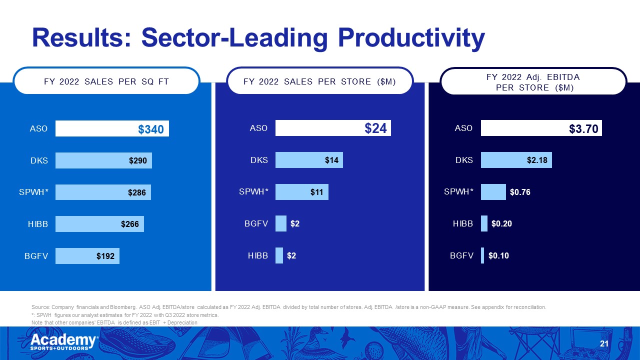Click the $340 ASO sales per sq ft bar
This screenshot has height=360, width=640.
click(112, 128)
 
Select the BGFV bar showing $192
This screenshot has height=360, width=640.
click(87, 256)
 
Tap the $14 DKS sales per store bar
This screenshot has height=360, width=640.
click(308, 160)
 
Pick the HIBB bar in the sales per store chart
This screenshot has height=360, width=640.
click(279, 255)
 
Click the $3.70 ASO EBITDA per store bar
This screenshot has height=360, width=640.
click(541, 128)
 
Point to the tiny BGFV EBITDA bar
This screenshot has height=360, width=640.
click(482, 255)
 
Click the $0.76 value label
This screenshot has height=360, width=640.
click(520, 192)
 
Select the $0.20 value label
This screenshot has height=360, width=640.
click(501, 224)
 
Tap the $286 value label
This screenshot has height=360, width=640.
click(136, 192)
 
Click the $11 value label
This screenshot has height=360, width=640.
click(316, 192)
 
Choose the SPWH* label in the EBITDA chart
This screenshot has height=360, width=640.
click(458, 192)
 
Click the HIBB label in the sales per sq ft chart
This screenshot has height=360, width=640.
click(37, 224)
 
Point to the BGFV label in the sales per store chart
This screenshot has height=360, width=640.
click(256, 224)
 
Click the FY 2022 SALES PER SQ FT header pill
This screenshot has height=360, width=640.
click(106, 81)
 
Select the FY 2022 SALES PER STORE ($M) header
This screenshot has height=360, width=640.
click(320, 81)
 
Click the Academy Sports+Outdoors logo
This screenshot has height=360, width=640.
click(64, 342)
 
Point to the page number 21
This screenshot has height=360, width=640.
click(603, 343)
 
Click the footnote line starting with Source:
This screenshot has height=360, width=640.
click(288, 307)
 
